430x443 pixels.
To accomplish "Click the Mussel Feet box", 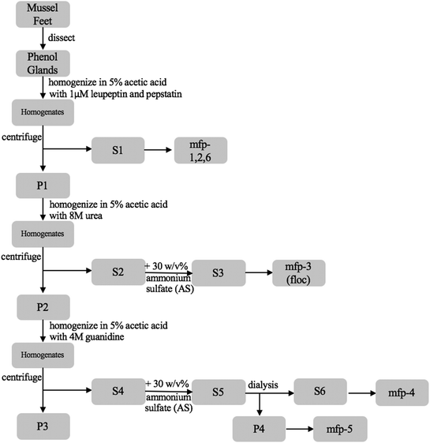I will tap(43, 13).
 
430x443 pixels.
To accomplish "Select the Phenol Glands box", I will tap(43, 63).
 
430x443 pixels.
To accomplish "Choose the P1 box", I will tap(43, 186).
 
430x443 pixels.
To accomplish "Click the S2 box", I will tap(119, 271).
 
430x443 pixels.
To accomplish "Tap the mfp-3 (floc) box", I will tap(298, 271).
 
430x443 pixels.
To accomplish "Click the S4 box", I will tap(119, 390).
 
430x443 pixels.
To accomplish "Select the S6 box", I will tap(320, 390).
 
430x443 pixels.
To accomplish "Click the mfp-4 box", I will tap(397, 390).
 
